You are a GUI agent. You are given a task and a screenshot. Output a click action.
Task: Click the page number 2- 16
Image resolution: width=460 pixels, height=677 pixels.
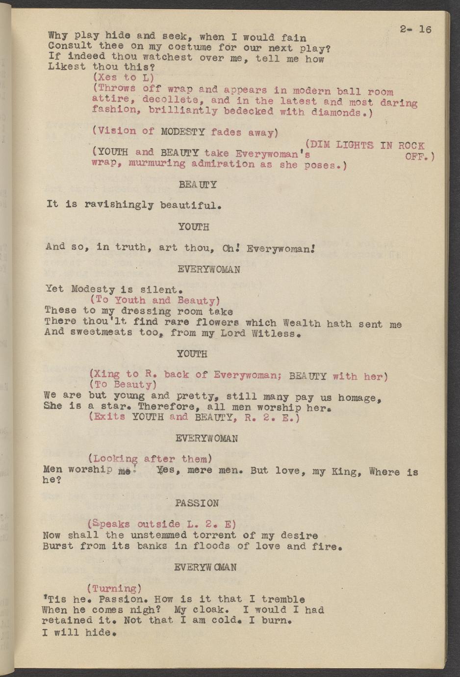point(415,29)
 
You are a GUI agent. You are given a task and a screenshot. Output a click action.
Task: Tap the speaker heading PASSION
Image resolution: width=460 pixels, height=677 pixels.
point(197,503)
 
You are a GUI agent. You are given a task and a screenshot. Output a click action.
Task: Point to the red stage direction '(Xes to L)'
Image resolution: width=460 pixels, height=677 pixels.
point(123,78)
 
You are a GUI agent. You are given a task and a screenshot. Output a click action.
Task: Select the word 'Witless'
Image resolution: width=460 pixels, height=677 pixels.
point(275,334)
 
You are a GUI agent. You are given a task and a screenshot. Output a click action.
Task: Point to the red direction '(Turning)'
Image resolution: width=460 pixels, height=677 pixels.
point(114,588)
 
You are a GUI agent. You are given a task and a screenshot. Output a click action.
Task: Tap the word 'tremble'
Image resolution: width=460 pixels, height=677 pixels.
point(283,599)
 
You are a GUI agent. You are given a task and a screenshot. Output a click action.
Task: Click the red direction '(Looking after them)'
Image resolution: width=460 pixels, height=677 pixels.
point(150,459)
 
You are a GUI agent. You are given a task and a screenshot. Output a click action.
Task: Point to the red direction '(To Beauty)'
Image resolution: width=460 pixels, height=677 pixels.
point(123,385)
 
